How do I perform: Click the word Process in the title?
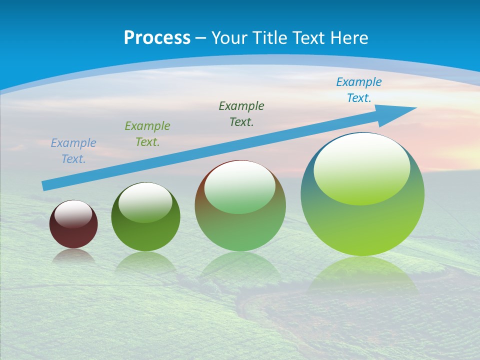(157, 37)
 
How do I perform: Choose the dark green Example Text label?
(241, 114)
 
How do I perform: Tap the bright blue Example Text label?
(359, 90)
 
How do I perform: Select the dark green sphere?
(145, 235)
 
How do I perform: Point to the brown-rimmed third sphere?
(240, 230)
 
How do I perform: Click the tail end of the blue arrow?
(45, 186)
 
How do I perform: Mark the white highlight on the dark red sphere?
(73, 213)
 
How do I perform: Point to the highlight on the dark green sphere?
(145, 202)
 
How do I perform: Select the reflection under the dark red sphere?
(73, 256)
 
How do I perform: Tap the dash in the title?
(201, 38)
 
